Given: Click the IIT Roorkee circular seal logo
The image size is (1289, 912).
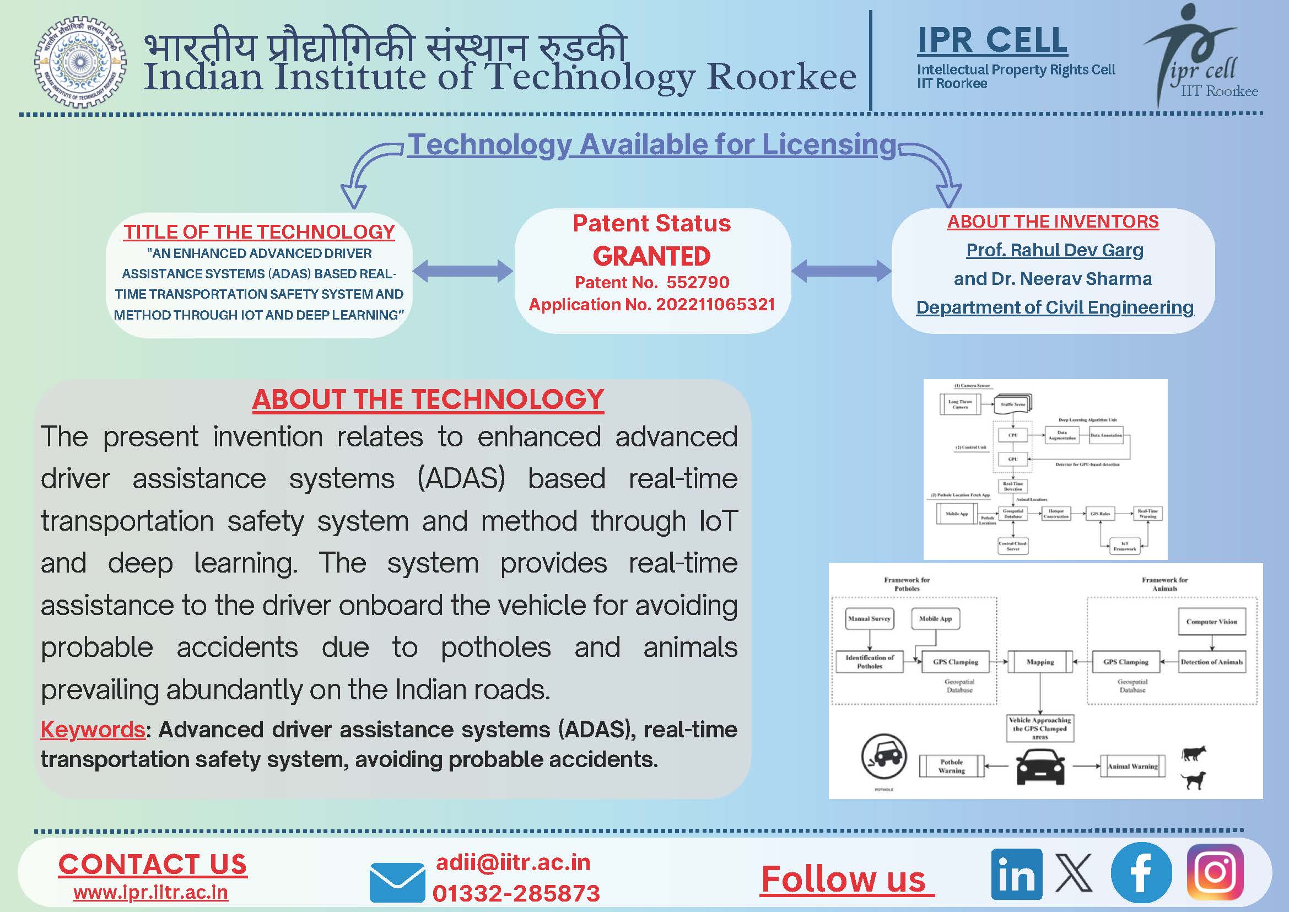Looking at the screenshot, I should (x=80, y=62).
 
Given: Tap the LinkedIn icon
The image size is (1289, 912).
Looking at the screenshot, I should (x=1016, y=874).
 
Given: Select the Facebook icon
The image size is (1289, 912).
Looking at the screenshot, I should (x=1141, y=873).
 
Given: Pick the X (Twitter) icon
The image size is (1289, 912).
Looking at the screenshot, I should (x=1074, y=873).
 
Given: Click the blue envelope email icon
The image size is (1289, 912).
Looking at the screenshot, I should (x=397, y=882).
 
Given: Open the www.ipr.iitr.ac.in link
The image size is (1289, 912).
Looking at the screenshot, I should (x=150, y=892).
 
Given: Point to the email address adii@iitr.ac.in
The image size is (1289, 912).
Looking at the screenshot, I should (x=513, y=862).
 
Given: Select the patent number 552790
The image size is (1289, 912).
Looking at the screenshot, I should (x=698, y=282).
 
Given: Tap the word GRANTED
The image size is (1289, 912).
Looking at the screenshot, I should (x=651, y=256).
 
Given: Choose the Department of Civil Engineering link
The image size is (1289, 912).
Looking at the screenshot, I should (x=1054, y=307).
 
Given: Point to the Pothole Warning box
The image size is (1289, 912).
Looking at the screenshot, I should (x=951, y=766).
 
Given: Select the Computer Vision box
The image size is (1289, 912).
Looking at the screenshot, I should (x=1211, y=622).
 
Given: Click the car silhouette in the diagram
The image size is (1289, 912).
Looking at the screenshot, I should (x=1040, y=765).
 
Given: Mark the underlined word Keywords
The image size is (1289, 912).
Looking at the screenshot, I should (x=93, y=730).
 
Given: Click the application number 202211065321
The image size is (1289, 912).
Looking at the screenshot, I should (x=715, y=304).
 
